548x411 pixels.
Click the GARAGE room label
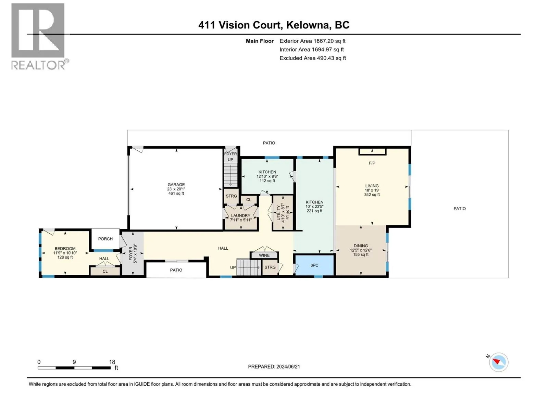176,185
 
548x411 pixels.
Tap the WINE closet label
264,255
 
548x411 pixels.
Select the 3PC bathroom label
314,265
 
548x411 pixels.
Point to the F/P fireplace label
372,163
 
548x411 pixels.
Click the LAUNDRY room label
240,216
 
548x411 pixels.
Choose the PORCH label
105,239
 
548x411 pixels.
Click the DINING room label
361,246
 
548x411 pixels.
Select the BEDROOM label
65,249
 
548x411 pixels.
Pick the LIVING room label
372,186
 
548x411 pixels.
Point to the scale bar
74,368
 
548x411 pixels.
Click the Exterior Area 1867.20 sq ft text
312,41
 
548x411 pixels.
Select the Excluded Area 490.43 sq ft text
313,58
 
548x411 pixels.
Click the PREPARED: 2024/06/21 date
274,366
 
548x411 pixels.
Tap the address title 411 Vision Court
239,25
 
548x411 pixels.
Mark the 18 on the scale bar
112,362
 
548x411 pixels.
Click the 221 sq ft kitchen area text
314,211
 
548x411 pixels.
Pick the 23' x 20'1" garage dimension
176,189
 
